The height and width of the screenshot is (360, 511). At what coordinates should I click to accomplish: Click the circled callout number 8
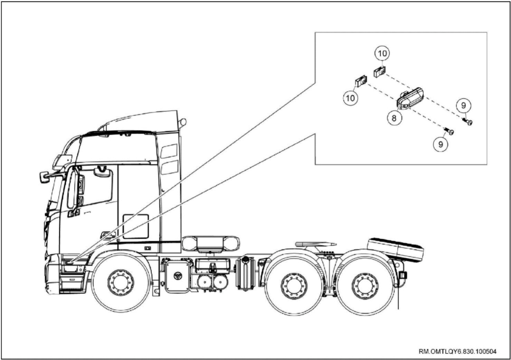tap(394, 118)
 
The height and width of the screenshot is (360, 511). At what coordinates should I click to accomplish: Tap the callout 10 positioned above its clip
tap(382, 53)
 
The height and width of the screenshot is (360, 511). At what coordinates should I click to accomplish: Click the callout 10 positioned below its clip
tap(351, 98)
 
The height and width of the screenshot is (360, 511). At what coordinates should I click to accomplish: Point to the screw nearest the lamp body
tap(449, 131)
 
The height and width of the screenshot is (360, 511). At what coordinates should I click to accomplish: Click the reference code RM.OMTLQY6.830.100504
tap(458, 351)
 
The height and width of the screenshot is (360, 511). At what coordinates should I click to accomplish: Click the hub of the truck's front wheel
tap(121, 283)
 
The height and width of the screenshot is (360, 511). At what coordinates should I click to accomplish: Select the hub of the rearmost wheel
tap(365, 286)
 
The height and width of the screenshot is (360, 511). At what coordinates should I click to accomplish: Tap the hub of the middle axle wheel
tap(294, 286)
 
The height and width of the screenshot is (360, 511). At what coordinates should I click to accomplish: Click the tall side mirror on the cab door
tap(72, 190)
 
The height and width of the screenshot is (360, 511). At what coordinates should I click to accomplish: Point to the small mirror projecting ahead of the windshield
tap(44, 177)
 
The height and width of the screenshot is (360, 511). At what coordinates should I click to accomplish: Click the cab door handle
tap(108, 235)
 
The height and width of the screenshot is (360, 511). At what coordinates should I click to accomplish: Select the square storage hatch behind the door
tap(136, 226)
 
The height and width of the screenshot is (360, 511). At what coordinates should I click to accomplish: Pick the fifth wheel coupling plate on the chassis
tap(315, 244)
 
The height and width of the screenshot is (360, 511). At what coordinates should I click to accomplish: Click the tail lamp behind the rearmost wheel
tap(403, 275)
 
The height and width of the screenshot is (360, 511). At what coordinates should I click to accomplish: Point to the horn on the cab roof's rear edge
tap(182, 123)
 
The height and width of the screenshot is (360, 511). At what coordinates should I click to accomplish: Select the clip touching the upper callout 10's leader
tap(380, 72)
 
